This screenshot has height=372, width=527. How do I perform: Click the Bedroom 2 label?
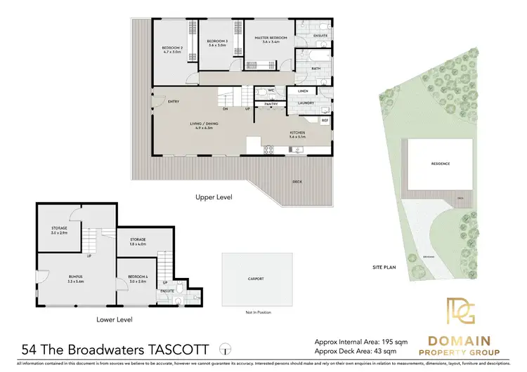coord(173,49)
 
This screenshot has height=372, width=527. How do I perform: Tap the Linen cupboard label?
coord(303,91)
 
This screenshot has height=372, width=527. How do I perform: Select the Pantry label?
coord(270,104)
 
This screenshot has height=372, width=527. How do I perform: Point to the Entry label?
coord(173,101)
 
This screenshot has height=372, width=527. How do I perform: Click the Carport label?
coord(255,279)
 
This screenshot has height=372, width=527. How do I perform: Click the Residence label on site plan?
coord(440,164)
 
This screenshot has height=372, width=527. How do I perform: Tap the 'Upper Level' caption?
coord(214,197)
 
